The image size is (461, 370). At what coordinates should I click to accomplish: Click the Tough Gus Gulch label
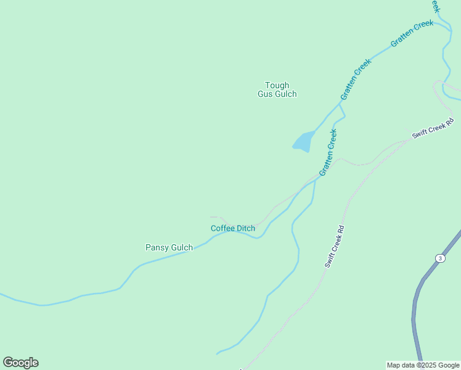277,89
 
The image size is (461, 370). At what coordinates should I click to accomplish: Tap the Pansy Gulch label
169,248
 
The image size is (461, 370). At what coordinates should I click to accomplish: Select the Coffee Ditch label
233,228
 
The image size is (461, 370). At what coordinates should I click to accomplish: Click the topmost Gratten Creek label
412,35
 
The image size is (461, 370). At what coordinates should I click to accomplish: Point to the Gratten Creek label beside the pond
328,152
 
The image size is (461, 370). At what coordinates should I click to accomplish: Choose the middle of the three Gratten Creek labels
356,80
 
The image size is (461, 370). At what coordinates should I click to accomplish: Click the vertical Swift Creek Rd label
335,246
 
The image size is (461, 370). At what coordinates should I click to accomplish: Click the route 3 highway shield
439,258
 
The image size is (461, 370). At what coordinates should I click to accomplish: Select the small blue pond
303,142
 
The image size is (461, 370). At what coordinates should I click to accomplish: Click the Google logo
20,363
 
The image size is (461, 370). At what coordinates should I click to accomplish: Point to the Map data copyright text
423,365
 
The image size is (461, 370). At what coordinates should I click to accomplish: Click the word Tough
277,85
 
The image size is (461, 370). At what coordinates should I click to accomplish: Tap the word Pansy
157,248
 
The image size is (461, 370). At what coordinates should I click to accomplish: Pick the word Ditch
245,228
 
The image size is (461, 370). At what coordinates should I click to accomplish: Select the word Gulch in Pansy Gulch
182,248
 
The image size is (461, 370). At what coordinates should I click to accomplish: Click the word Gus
265,94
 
